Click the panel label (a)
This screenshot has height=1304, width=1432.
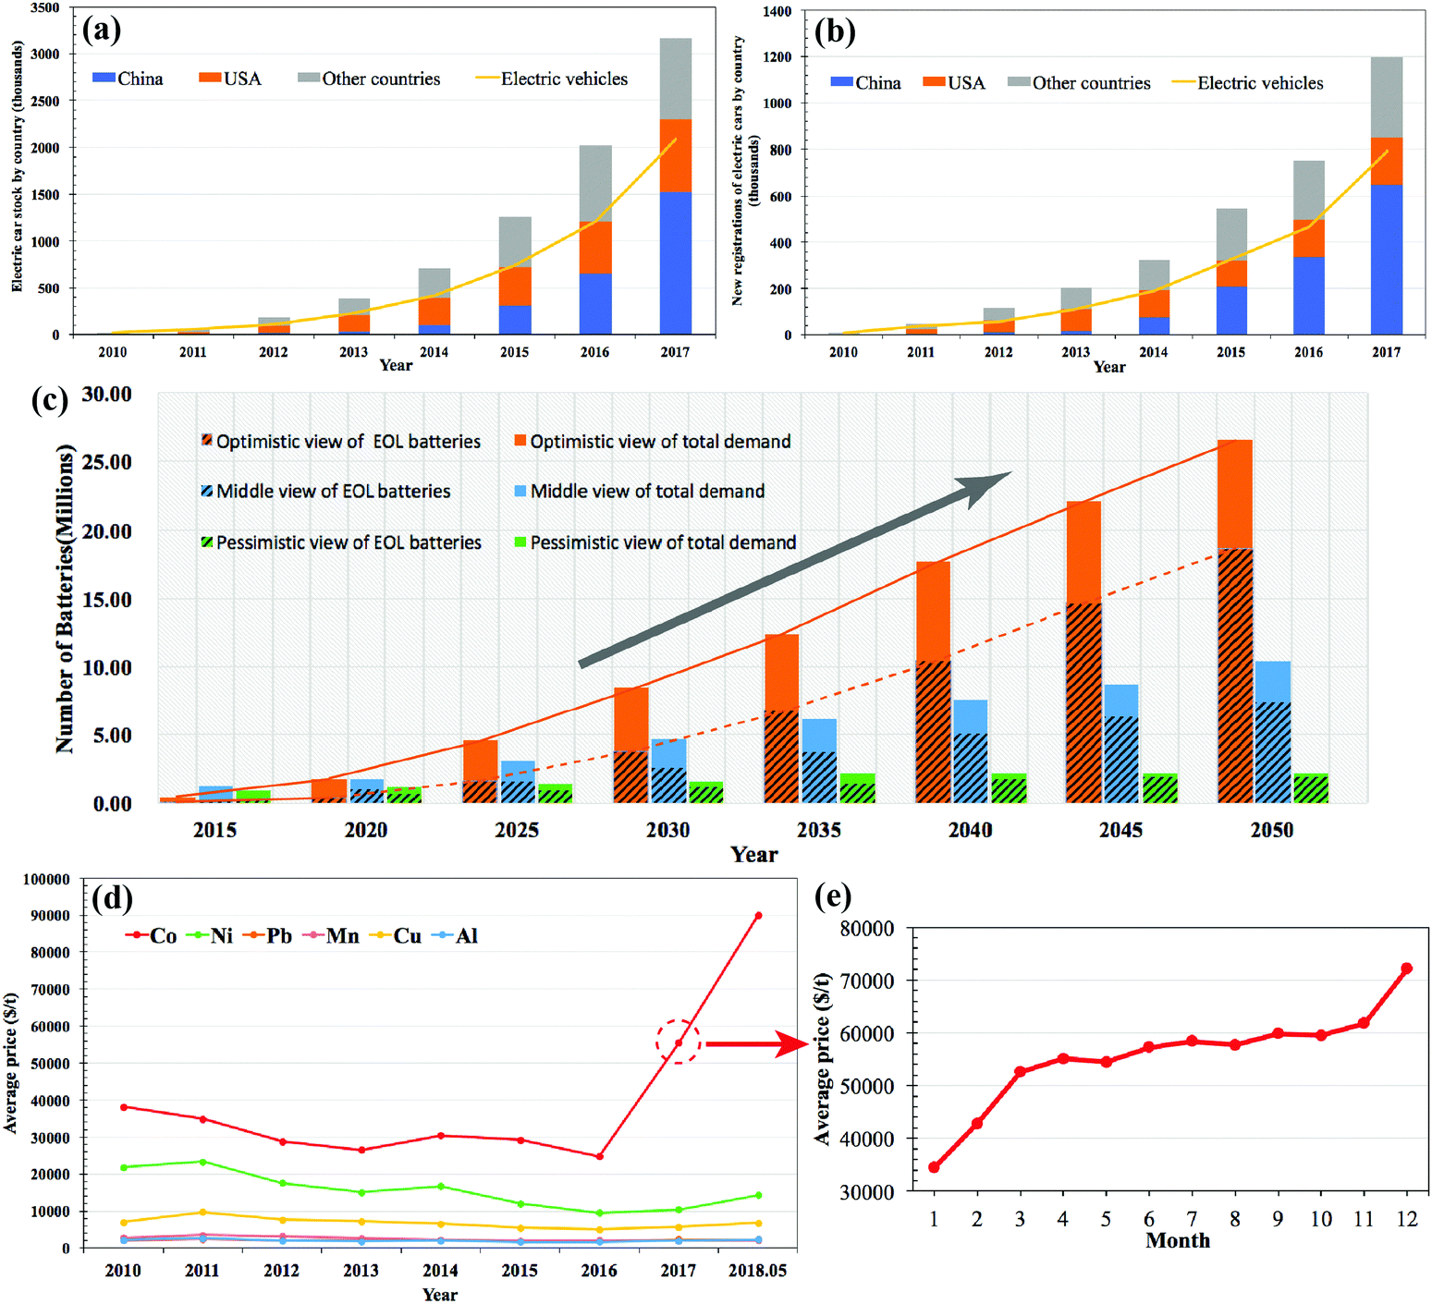(102, 30)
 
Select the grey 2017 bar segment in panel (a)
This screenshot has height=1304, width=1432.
(676, 79)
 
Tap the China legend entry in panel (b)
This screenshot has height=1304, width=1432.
(866, 83)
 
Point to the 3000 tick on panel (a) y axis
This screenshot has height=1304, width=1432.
(44, 54)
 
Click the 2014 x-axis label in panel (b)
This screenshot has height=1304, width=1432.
(1153, 352)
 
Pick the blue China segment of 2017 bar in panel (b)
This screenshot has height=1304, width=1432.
(1387, 259)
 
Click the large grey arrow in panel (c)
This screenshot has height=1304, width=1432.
(795, 568)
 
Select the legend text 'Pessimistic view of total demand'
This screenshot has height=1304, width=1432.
(663, 542)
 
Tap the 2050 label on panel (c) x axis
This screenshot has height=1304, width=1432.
(1272, 830)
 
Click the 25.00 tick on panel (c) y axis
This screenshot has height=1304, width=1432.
(106, 462)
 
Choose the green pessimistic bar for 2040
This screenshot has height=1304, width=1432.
(1009, 788)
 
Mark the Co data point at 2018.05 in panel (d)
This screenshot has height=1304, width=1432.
(758, 915)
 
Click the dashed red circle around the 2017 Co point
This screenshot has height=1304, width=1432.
(679, 1042)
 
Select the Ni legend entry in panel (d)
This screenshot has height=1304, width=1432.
(211, 936)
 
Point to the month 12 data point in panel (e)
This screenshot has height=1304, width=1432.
(1406, 969)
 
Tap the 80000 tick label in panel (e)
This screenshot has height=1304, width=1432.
(866, 929)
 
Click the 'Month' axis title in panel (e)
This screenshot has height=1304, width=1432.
(1177, 1240)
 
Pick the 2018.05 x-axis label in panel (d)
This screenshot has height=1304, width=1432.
(757, 1271)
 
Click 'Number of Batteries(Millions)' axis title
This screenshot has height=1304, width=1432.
(65, 599)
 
